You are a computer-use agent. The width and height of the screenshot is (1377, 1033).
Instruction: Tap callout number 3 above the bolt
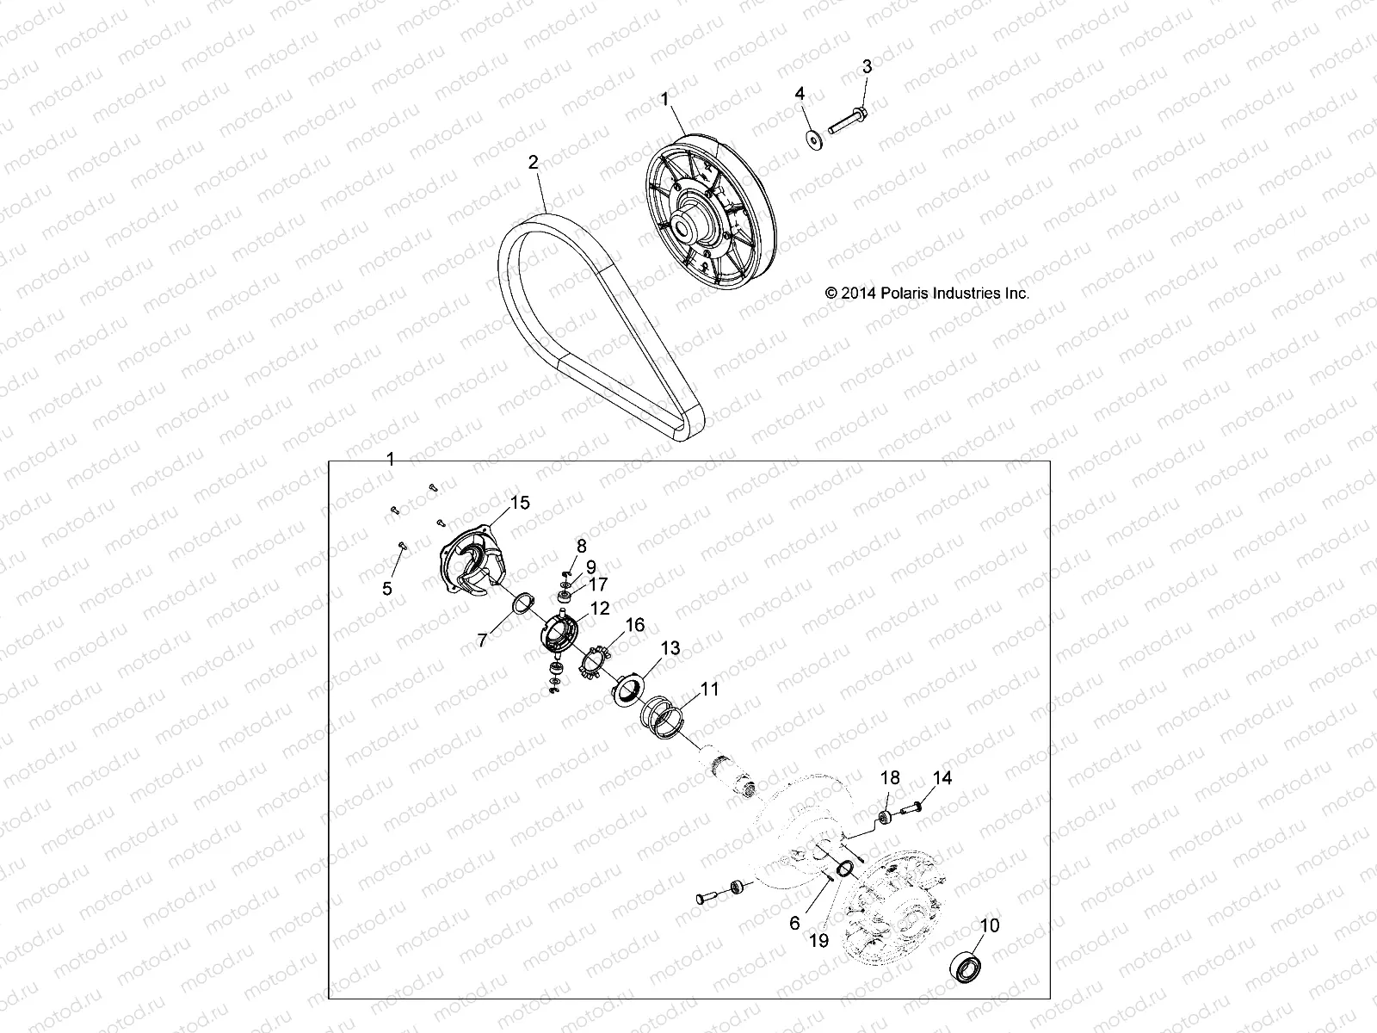[x=867, y=66]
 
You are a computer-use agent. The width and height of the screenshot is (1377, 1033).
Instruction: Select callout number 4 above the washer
[x=800, y=93]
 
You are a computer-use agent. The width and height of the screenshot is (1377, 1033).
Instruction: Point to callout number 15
[x=520, y=503]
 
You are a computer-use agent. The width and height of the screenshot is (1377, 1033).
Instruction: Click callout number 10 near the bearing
[x=990, y=925]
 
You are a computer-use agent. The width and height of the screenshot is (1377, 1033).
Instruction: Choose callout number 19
[x=818, y=941]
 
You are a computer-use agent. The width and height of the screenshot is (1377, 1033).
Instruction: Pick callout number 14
[x=942, y=778]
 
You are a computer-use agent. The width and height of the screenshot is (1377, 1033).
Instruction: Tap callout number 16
[x=634, y=625]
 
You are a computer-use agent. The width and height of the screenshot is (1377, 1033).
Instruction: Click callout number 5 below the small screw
[x=387, y=589]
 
